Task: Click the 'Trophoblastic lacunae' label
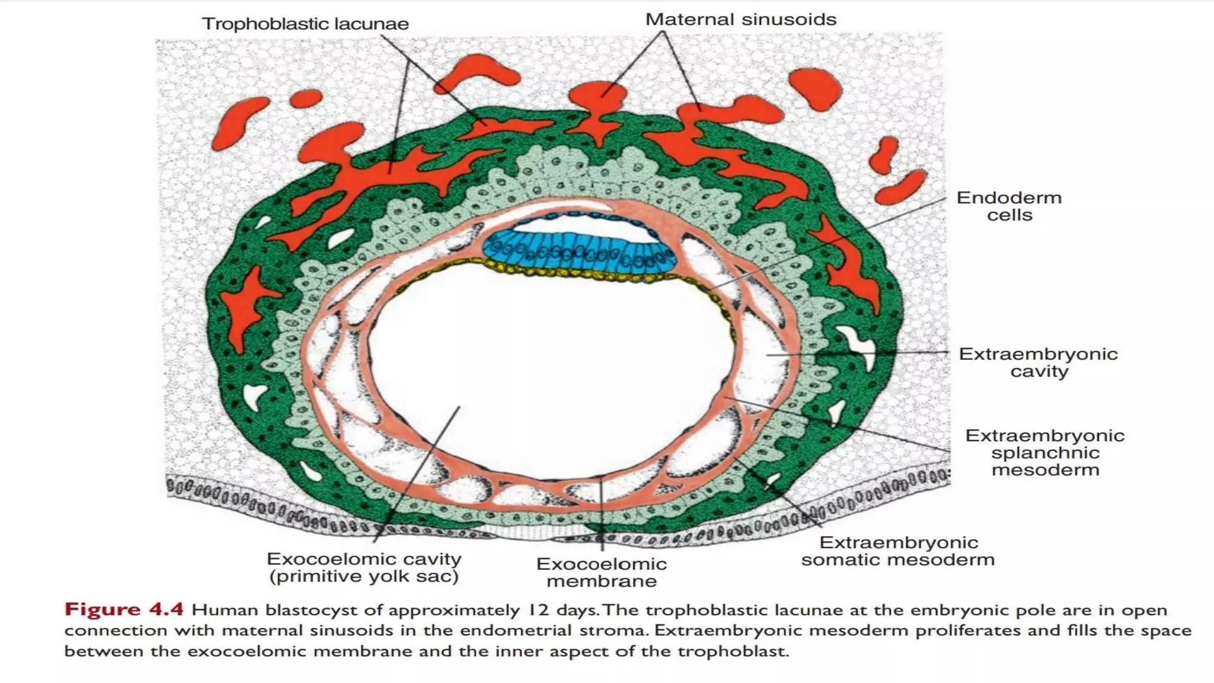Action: click(305, 24)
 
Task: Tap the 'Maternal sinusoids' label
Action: click(740, 20)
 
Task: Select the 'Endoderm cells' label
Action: click(1009, 206)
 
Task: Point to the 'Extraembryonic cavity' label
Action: click(1038, 362)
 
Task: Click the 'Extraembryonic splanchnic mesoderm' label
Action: click(1044, 452)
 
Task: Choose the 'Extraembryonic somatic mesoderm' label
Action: click(897, 551)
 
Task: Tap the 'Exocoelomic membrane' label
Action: click(601, 572)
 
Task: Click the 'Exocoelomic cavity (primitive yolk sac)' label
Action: click(364, 567)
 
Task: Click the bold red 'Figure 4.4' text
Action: click(124, 609)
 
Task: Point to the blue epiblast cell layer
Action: click(578, 252)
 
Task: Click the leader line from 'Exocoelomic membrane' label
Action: click(602, 516)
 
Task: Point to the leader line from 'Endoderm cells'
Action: click(830, 243)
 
